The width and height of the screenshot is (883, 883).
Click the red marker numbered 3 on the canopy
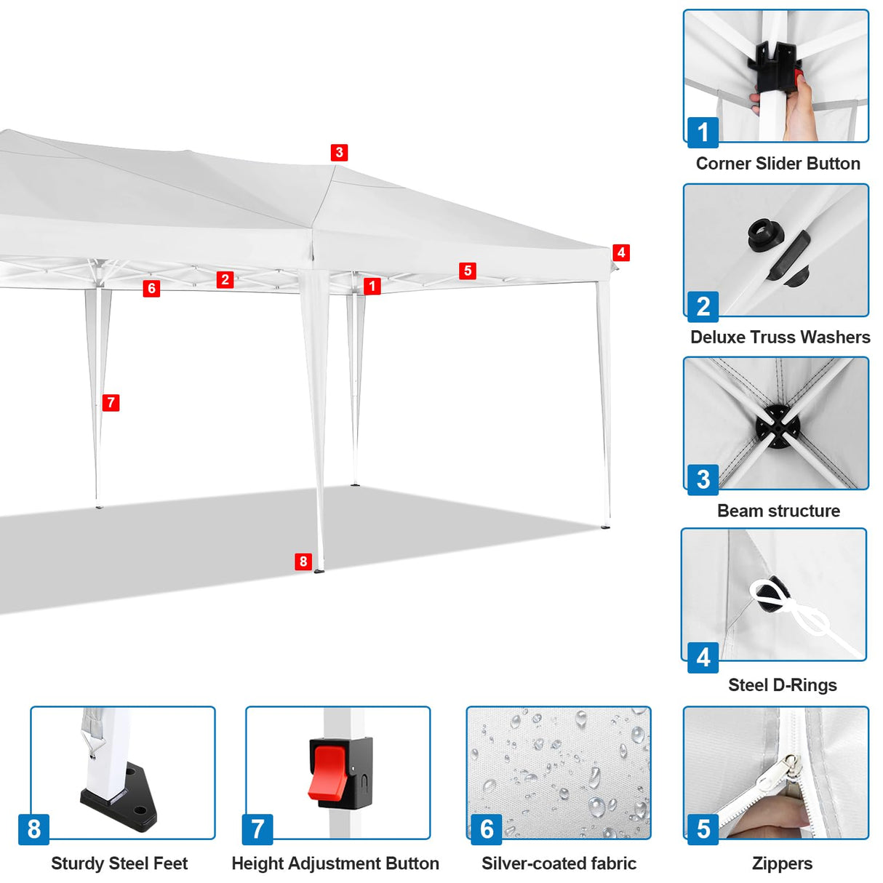[339, 153]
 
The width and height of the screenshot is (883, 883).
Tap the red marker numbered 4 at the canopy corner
[620, 252]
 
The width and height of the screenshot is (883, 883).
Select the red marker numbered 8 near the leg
[303, 562]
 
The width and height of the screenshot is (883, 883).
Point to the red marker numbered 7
[111, 403]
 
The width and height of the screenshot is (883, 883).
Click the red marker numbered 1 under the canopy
[372, 286]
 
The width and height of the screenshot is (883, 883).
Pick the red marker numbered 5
[468, 271]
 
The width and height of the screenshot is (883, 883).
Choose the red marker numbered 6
[151, 289]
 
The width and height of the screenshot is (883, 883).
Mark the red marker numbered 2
[225, 279]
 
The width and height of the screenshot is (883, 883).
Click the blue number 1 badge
[703, 132]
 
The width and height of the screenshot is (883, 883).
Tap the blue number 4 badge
[703, 658]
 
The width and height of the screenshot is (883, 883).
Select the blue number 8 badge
[34, 829]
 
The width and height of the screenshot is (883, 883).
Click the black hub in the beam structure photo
[777, 424]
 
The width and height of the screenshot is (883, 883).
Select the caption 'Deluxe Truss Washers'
[780, 337]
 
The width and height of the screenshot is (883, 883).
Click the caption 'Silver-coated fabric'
[559, 863]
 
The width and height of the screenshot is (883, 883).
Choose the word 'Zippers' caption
[782, 863]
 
